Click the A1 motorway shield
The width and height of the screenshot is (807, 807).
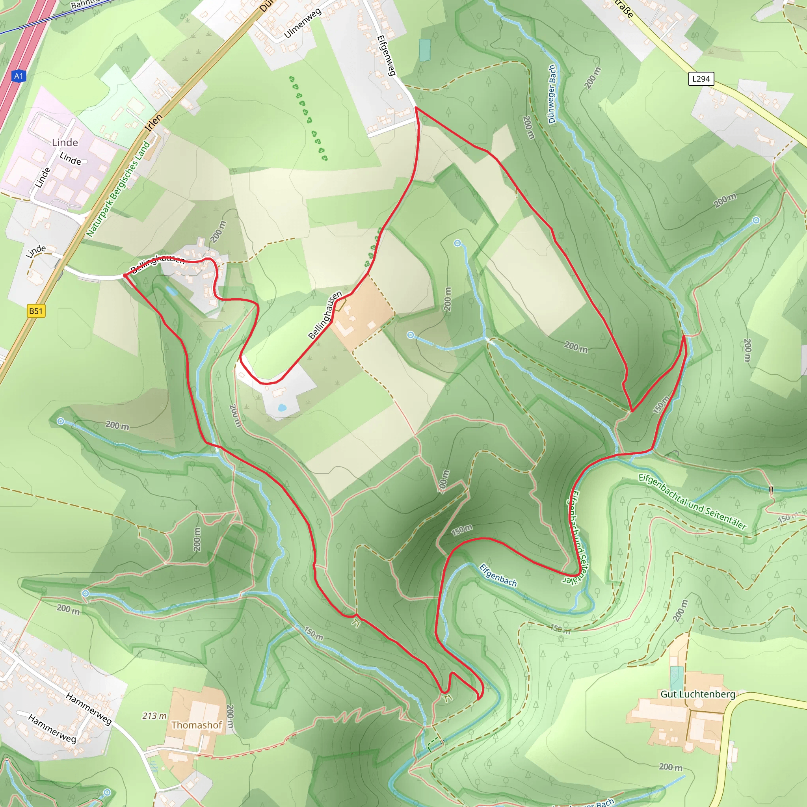19,76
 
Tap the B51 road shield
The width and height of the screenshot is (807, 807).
35,311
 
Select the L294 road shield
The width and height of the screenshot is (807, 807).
701,78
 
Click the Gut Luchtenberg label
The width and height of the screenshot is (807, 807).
697,694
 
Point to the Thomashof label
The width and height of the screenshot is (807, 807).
196,725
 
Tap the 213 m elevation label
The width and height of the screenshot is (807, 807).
154,716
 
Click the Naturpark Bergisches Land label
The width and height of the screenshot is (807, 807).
118,189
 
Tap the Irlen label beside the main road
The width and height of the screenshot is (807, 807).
153,123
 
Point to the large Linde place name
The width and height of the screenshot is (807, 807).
65,142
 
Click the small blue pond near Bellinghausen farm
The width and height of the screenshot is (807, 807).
281,407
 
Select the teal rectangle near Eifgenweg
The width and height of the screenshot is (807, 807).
424,50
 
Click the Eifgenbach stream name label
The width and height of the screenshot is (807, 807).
498,575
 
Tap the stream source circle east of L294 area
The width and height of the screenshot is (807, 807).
757,220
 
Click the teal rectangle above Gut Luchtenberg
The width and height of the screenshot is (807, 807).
677,679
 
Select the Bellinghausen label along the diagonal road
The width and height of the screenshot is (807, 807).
325,315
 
